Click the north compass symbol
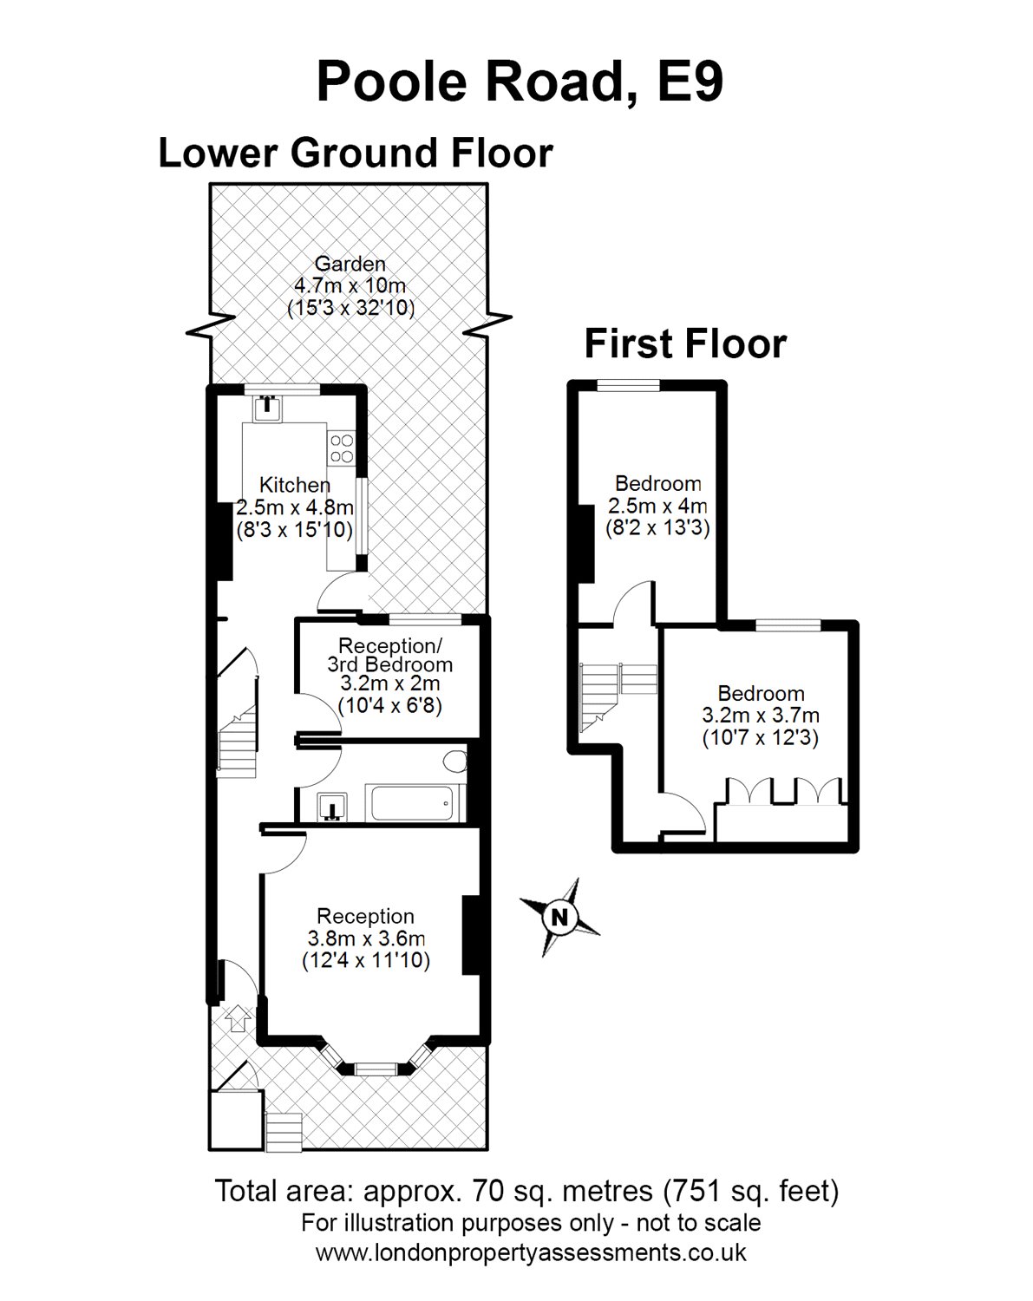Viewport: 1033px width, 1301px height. point(560,917)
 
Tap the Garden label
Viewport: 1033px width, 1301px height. point(350,264)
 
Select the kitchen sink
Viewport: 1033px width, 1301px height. point(268,404)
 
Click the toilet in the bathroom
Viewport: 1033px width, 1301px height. point(454,763)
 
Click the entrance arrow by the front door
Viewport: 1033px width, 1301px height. point(238,1016)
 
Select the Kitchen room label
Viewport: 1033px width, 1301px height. point(295,486)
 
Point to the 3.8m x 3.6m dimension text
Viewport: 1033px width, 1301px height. point(366,938)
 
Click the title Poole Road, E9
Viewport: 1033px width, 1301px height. point(520,82)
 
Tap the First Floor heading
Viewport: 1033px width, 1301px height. point(685,343)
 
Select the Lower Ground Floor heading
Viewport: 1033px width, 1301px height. point(355,154)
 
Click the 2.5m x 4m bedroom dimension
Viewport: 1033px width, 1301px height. point(657,506)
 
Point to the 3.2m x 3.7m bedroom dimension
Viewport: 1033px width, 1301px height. point(760,716)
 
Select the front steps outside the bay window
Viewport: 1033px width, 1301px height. point(284,1134)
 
